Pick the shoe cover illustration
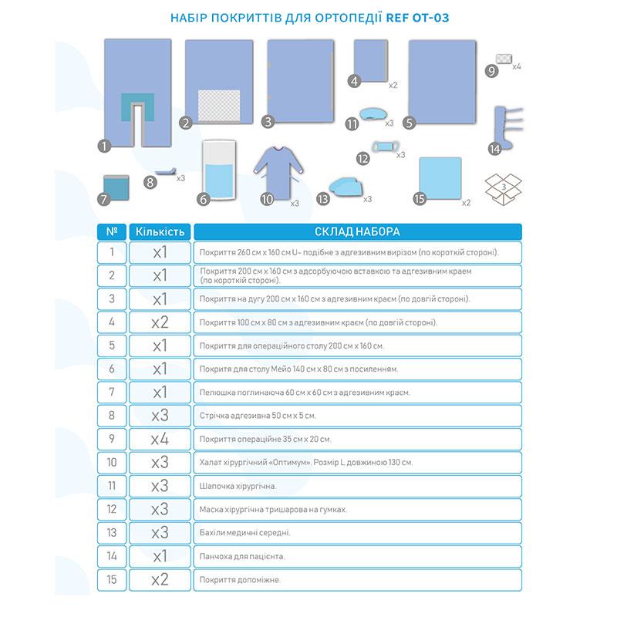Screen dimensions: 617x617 344,186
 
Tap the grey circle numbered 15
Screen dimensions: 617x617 419,199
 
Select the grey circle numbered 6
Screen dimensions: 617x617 204,199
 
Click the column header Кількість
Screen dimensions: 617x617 160,231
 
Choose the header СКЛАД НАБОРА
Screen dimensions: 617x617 357,231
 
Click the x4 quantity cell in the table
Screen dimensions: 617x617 160,439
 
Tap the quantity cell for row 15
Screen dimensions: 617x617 160,579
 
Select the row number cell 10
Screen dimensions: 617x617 113,462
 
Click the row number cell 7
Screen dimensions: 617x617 113,392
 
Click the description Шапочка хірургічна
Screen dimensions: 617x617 238,486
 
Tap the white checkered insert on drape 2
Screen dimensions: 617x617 221,103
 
